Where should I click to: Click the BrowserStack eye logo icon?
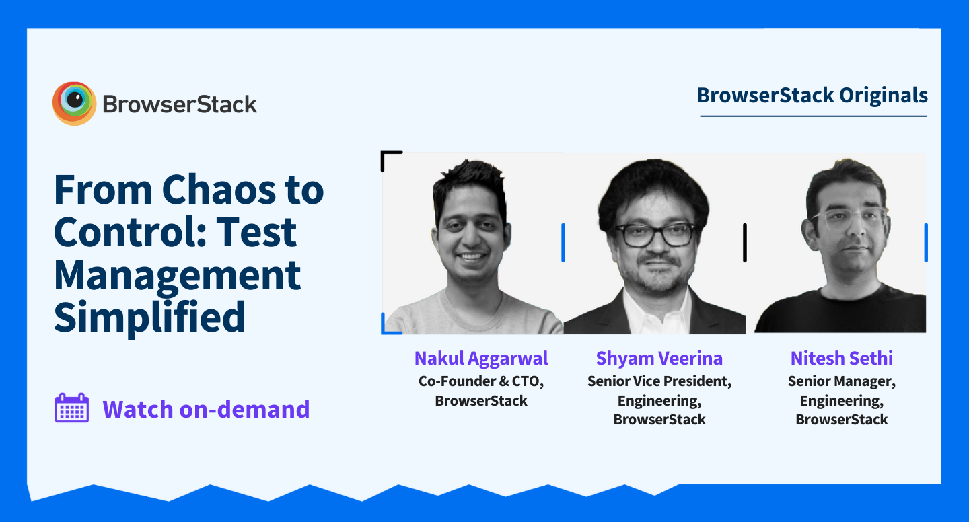[74, 104]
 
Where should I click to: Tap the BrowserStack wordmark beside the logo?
[180, 105]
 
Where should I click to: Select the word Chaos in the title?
[219, 190]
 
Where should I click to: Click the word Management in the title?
[177, 276]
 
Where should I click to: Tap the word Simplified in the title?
[149, 318]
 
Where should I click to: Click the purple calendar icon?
[72, 408]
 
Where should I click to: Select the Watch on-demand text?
[206, 409]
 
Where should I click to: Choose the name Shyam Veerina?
[659, 359]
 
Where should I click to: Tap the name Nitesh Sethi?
[841, 358]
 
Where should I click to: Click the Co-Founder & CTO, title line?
[481, 381]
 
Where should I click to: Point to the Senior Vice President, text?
[659, 381]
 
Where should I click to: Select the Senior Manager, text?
[841, 381]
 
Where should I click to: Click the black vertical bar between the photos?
[744, 243]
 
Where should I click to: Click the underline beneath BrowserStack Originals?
[814, 116]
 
